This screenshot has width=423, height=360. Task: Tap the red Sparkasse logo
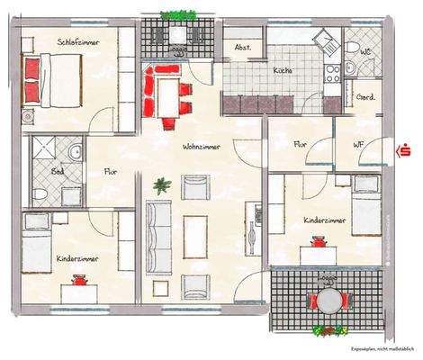403,149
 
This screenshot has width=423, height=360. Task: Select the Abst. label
242,48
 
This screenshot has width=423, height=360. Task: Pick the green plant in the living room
161,186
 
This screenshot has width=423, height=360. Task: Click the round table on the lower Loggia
325,301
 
